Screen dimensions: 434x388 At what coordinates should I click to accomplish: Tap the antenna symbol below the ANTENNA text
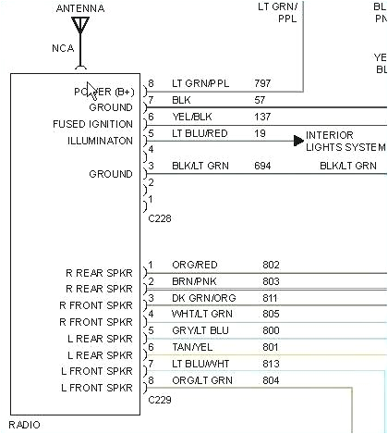coord(80,24)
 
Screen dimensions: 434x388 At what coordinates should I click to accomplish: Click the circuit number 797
coord(263,84)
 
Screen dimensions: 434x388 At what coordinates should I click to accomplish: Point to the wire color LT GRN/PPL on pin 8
coord(200,84)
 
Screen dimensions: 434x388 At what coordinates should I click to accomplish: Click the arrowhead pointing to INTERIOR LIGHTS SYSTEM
coord(297,141)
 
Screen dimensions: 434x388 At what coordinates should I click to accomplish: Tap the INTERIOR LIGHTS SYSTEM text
coord(345,141)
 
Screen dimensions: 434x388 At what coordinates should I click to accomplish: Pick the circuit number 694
coord(263,167)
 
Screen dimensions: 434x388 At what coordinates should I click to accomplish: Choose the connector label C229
coord(159,400)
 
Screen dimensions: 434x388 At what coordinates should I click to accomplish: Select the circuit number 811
coord(270,298)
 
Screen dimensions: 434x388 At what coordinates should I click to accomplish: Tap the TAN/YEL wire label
coord(191,348)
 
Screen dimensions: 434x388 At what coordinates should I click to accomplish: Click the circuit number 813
coord(270,365)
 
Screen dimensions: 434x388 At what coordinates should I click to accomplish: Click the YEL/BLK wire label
coord(191,117)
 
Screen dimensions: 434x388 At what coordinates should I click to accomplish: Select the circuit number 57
coord(260,100)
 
